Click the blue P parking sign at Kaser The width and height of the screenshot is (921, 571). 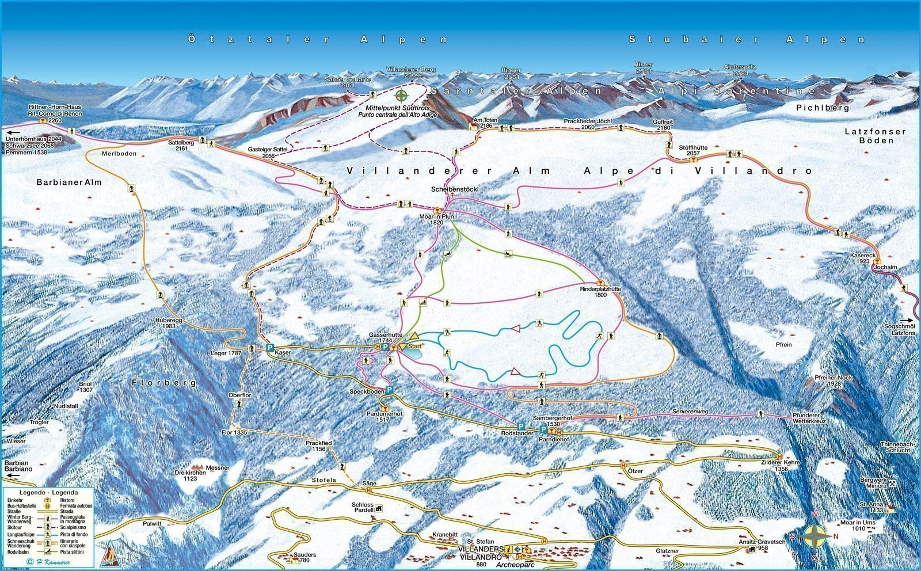(269, 348)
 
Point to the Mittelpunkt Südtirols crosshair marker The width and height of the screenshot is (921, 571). (402, 95)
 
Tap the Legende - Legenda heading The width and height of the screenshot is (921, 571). (48, 493)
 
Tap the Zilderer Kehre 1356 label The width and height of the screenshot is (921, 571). (773, 465)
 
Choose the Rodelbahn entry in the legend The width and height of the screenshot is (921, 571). (16, 551)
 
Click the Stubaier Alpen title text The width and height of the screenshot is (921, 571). (747, 39)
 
